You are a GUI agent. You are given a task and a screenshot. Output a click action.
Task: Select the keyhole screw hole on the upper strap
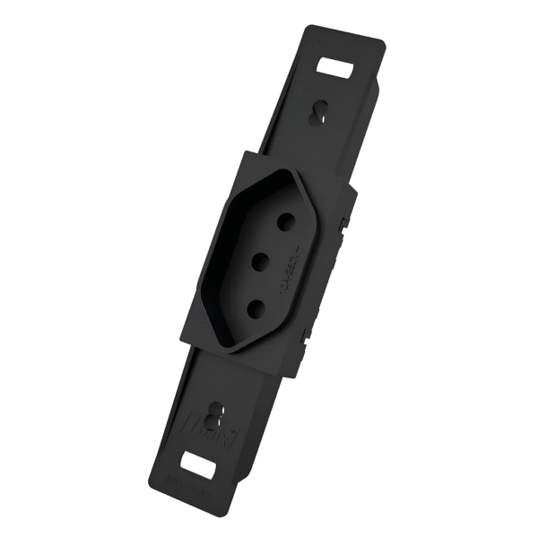316,112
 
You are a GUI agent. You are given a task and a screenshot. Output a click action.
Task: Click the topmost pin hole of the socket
287,221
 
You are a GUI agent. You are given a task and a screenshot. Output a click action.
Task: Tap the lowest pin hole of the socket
254,308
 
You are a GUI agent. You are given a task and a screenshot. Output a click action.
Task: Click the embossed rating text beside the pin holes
299,271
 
